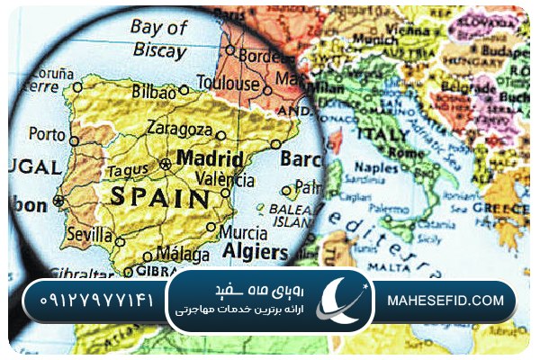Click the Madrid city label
(211, 157)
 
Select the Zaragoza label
(185, 127)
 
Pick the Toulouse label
(227, 84)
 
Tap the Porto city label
(47, 134)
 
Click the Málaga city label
(182, 252)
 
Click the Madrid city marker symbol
(165, 163)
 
